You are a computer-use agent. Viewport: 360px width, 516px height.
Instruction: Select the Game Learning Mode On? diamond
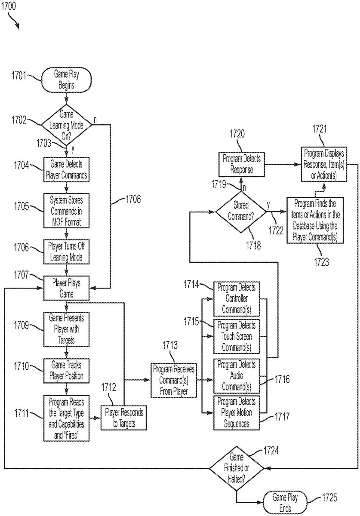[66, 125]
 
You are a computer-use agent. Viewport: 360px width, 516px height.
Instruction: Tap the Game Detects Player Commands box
[66, 169]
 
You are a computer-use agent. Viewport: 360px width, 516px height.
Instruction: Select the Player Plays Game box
[66, 288]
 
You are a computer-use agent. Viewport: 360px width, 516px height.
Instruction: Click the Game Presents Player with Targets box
[66, 329]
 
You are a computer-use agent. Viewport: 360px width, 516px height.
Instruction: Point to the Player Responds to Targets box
[124, 417]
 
